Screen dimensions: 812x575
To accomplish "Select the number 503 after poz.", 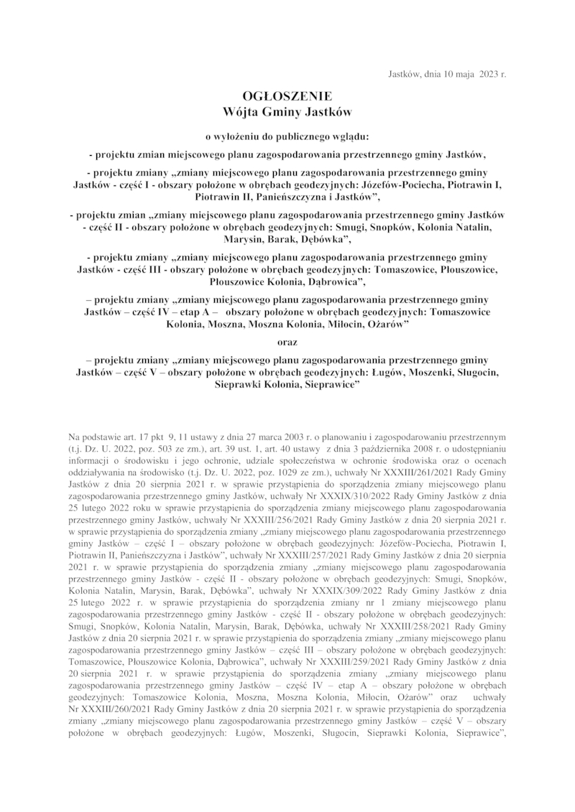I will (x=163, y=447).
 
